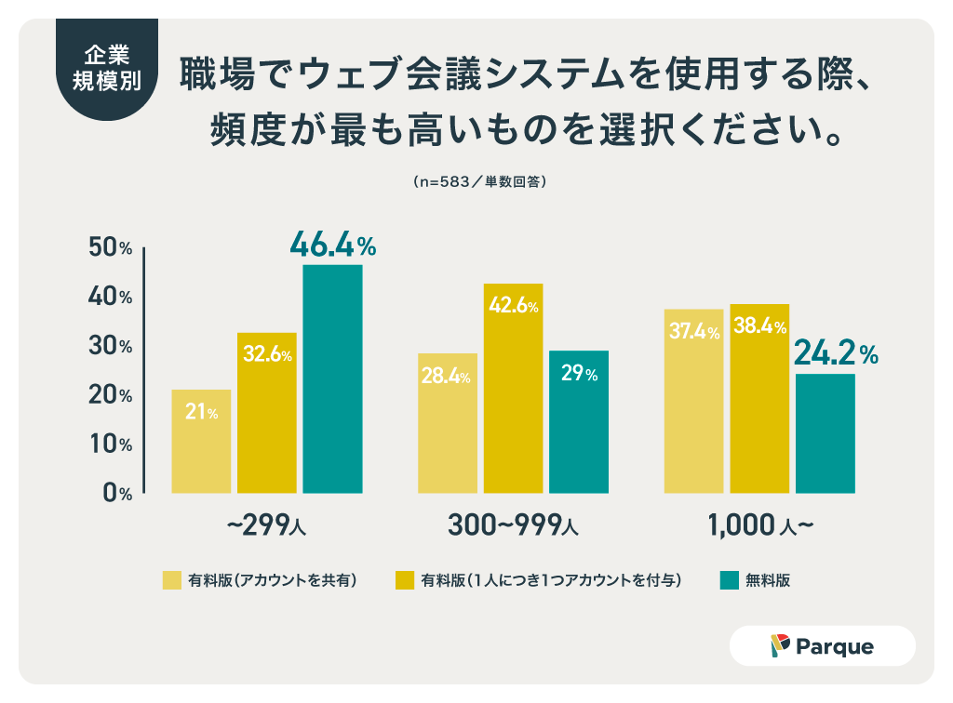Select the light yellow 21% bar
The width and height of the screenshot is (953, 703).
point(201,441)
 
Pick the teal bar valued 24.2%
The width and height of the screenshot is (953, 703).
point(825,432)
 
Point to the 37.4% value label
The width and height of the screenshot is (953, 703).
point(692,332)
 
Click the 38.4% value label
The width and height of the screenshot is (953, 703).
point(758,327)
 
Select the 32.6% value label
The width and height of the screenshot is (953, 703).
point(267,354)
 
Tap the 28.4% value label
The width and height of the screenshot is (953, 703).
point(447,377)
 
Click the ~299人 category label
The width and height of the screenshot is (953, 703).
point(266,525)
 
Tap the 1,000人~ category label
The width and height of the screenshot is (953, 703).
point(760,525)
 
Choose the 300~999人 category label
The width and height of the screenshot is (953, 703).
point(513,525)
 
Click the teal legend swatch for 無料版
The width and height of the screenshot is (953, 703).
point(729,580)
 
